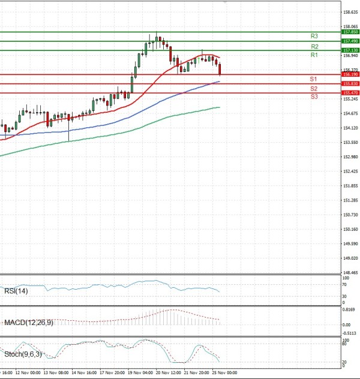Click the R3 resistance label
pos(314,37)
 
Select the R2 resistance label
pos(314,46)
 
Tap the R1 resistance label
pos(314,55)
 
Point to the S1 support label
pos(314,79)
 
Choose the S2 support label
pos(314,89)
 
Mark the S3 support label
pos(314,97)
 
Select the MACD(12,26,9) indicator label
pos(28,323)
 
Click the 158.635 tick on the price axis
pos(350,11)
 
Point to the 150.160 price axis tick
pos(350,229)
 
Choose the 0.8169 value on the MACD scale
pos(349,309)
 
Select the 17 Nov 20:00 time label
pos(112,372)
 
